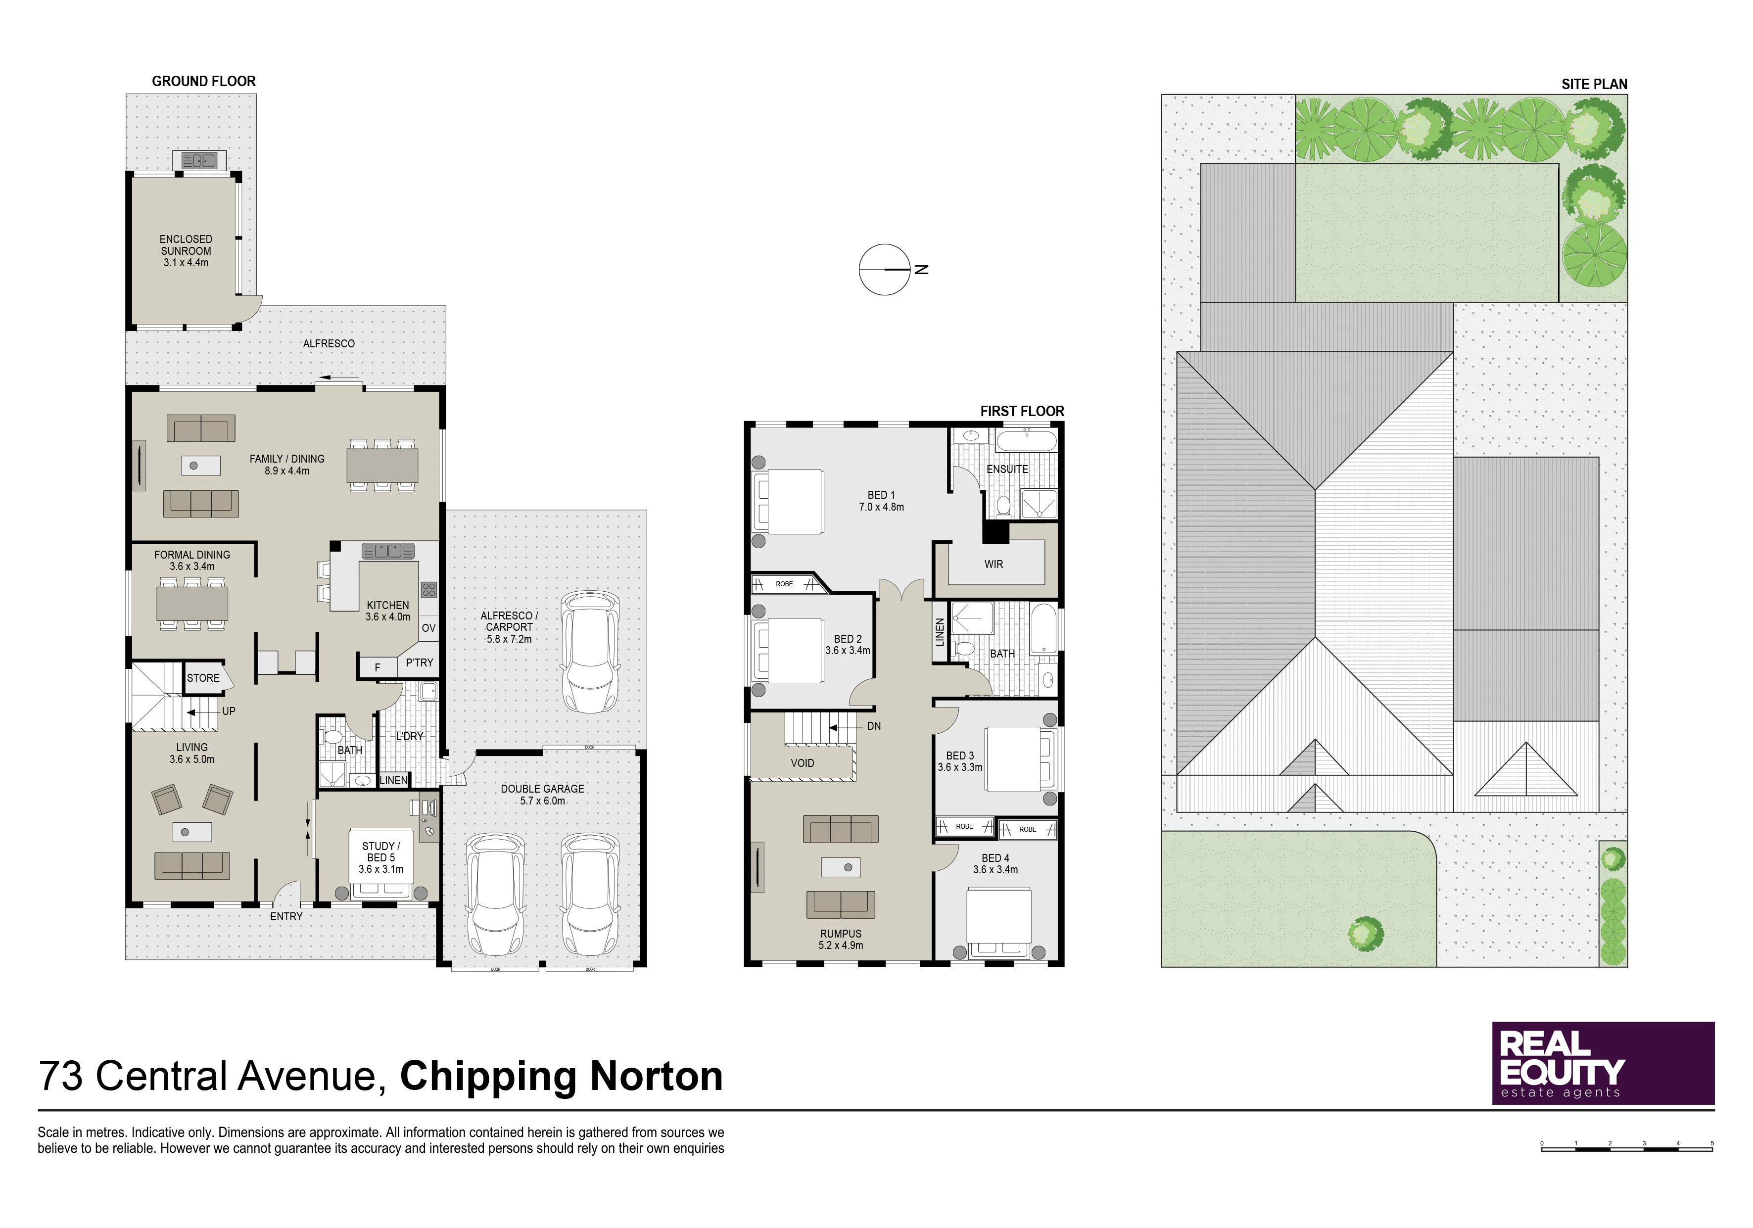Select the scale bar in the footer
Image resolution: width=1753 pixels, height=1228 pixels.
point(1627,1146)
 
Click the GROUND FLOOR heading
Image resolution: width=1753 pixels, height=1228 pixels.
point(204,81)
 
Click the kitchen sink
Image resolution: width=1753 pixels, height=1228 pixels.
point(388,551)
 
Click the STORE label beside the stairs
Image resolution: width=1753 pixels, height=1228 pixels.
point(203,678)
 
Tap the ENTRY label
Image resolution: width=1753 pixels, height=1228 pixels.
point(286,916)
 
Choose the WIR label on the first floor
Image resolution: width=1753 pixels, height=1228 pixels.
point(994,565)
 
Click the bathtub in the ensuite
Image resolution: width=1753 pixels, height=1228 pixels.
point(1026,441)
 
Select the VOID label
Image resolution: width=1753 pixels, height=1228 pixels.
point(803,763)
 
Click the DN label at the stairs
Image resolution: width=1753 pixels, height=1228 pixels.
point(874,726)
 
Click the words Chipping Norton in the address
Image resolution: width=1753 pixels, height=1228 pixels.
point(561,1076)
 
